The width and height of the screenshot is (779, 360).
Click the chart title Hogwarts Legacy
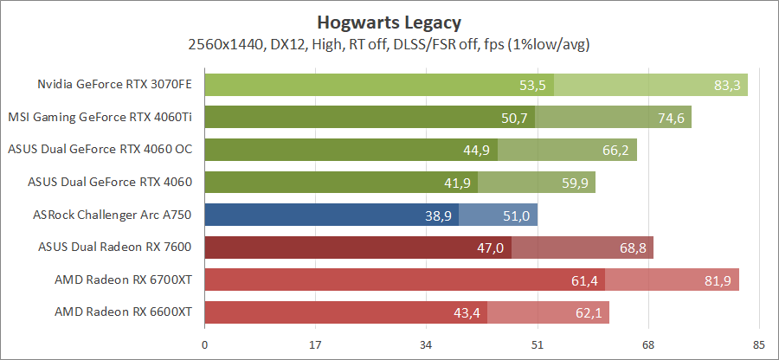pyautogui.click(x=389, y=20)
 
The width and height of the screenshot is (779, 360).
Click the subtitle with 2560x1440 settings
pyautogui.click(x=389, y=42)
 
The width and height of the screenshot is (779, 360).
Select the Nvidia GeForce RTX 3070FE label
pyautogui.click(x=114, y=85)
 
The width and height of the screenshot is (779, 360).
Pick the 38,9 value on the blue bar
pyautogui.click(x=437, y=215)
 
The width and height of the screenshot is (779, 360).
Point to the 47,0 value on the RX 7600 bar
pyautogui.click(x=490, y=247)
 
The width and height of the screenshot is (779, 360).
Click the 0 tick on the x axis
pyautogui.click(x=204, y=345)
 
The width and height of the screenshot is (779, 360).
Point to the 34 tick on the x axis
pyautogui.click(x=426, y=345)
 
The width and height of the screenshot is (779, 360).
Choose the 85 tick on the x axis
pyautogui.click(x=758, y=345)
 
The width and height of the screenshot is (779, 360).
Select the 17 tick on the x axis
pyautogui.click(x=315, y=345)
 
